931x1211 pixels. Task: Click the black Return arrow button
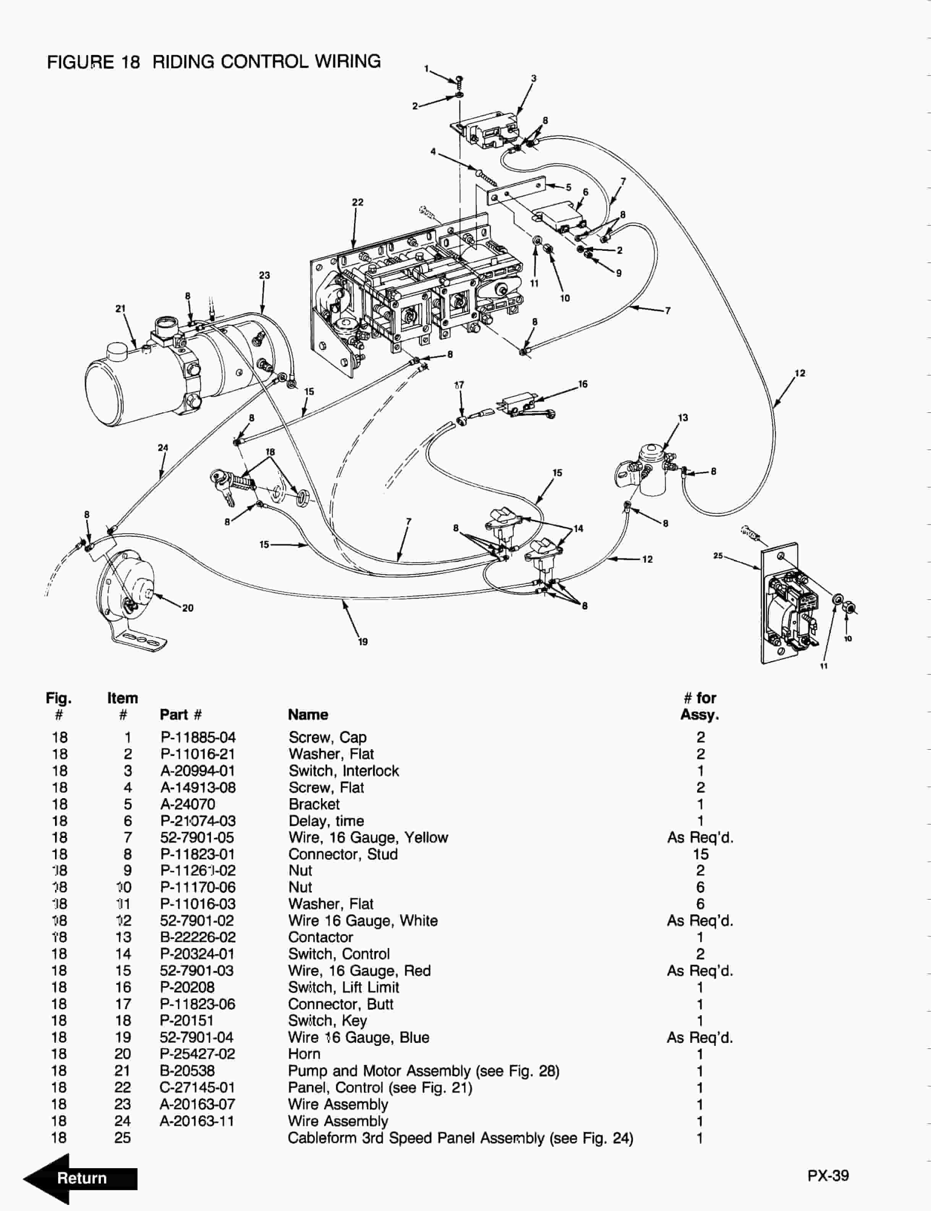click(80, 1178)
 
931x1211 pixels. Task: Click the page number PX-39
click(827, 1175)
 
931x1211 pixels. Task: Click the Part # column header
click(181, 714)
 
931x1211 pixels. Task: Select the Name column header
click(308, 714)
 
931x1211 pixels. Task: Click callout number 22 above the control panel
click(357, 202)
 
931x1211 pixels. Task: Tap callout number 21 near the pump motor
click(120, 309)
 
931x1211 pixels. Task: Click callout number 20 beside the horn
click(188, 608)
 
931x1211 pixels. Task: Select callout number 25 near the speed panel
click(718, 555)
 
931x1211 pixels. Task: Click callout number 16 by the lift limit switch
click(582, 384)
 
